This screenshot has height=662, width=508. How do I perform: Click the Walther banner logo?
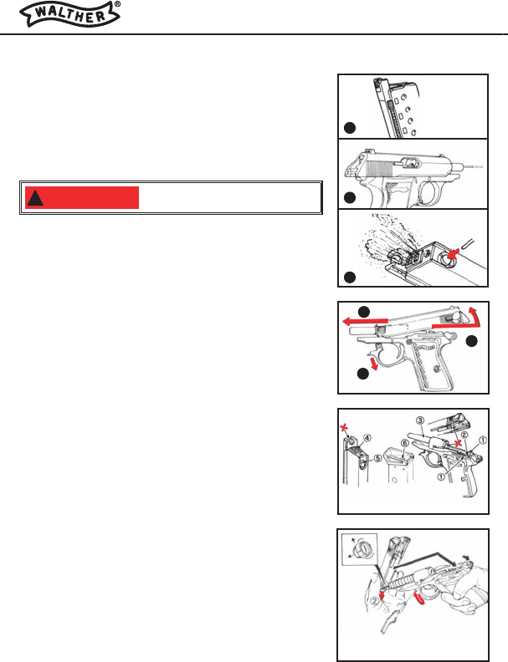click(69, 14)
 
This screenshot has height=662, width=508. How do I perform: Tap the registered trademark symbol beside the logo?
click(117, 4)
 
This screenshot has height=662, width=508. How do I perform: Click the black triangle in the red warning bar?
click(35, 198)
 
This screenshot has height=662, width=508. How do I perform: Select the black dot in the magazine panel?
click(350, 128)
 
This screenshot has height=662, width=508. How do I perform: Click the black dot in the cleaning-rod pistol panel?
click(350, 197)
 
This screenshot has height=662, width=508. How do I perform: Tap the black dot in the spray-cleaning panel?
click(350, 278)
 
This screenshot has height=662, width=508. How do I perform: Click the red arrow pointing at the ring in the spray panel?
click(454, 254)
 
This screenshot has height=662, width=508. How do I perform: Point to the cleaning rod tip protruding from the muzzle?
click(475, 166)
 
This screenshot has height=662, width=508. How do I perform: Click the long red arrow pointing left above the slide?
click(365, 322)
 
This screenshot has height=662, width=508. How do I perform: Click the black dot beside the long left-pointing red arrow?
click(364, 312)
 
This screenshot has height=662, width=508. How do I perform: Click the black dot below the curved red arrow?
click(472, 341)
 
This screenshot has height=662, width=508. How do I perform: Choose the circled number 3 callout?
click(419, 420)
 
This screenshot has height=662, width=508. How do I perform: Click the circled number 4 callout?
click(367, 438)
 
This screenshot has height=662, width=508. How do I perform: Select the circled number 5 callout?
click(377, 458)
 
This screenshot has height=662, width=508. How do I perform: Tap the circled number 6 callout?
click(405, 443)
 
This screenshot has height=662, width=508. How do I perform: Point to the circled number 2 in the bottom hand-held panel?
click(374, 601)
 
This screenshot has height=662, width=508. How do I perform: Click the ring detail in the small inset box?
click(363, 550)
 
